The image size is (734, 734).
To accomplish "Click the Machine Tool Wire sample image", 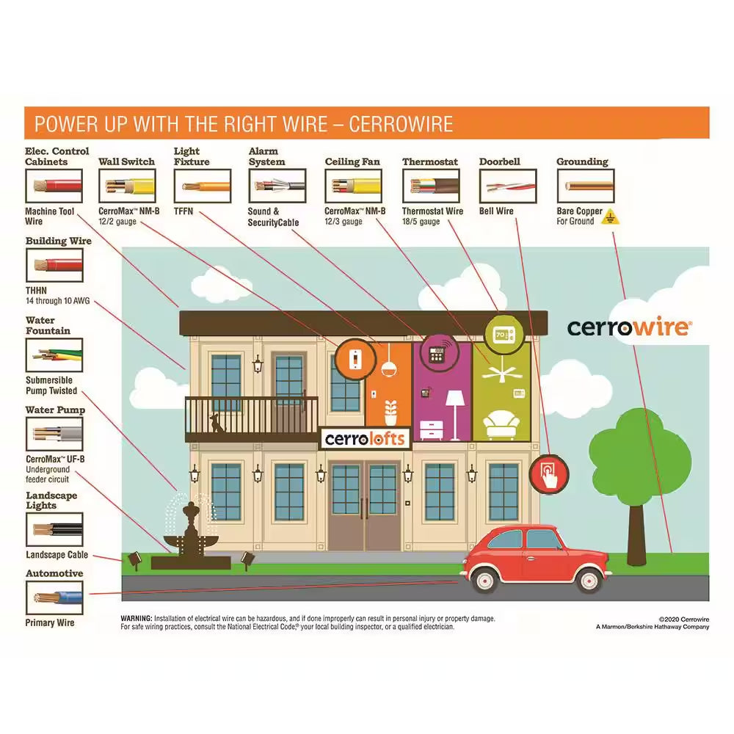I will tap(54, 186).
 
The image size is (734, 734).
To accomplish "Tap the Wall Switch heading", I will tap(127, 161).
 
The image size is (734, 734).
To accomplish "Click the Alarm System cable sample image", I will tap(277, 186).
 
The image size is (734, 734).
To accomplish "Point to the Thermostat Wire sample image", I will tap(430, 186).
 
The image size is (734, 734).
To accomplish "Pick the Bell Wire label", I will tap(497, 211).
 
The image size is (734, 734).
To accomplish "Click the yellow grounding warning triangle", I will tap(607, 217).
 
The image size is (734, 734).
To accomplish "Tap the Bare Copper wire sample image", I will tap(585, 186).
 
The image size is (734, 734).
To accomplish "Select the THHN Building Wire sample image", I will tap(54, 265).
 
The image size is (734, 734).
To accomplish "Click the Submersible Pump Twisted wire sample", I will tap(54, 355).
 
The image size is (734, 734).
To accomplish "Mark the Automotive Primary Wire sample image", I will tap(54, 597).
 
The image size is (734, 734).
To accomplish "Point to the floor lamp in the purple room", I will tap(455, 411).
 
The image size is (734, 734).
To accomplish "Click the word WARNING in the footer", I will tap(137, 619).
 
